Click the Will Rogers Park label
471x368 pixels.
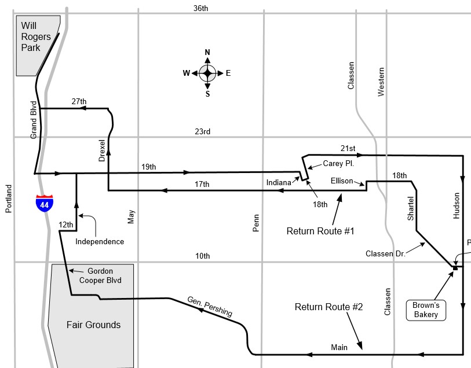(35, 36)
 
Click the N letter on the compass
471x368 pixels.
(207, 53)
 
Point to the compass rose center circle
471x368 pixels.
(207, 73)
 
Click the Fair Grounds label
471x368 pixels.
(93, 325)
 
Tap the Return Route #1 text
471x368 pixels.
(320, 231)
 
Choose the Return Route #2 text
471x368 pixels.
(328, 307)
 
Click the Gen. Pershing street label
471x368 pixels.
(210, 307)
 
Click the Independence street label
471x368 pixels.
(100, 241)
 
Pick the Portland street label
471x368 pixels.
(9, 199)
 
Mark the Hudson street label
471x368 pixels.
(457, 205)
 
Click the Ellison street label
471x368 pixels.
(342, 181)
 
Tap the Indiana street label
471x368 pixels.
(279, 183)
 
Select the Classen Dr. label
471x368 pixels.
(384, 253)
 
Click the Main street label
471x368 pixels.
(339, 347)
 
